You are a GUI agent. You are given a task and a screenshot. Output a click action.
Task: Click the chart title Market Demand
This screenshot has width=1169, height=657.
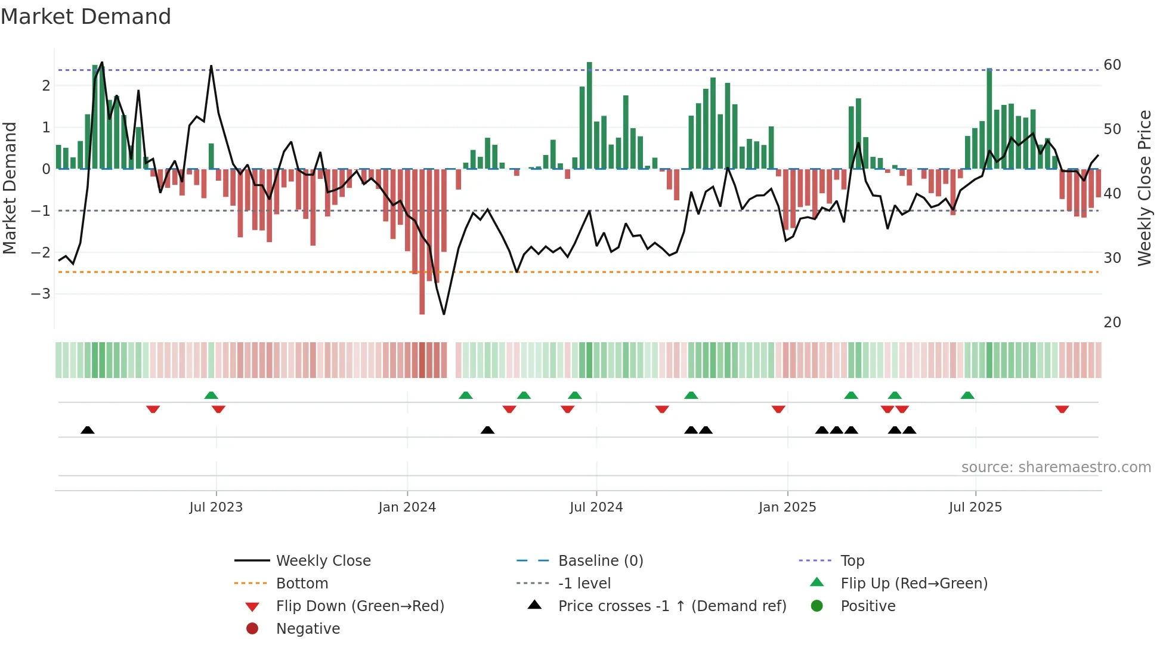click(x=86, y=16)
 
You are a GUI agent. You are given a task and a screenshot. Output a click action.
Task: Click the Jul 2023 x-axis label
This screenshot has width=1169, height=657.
click(x=216, y=507)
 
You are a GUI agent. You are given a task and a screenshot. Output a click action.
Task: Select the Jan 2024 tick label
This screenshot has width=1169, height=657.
click(x=407, y=507)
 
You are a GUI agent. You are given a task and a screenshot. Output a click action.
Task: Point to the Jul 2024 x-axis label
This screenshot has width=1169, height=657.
click(x=596, y=507)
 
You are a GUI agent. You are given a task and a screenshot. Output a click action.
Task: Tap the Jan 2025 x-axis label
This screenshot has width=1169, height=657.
click(x=787, y=507)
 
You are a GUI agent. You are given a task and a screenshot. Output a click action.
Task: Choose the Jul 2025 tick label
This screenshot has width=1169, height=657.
click(x=975, y=507)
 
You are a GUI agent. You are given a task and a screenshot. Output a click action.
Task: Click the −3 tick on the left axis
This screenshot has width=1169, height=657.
click(x=41, y=294)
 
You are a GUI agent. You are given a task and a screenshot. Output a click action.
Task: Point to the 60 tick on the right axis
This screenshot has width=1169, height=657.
click(x=1112, y=64)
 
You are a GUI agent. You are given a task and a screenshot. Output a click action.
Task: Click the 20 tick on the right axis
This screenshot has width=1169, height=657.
click(x=1112, y=323)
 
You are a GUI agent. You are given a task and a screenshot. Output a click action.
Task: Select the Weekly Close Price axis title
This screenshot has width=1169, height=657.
click(x=1144, y=188)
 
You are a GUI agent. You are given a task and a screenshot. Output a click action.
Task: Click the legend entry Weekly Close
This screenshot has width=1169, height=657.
click(x=323, y=561)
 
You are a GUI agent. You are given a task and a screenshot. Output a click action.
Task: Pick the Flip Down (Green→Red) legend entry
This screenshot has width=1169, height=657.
click(x=360, y=606)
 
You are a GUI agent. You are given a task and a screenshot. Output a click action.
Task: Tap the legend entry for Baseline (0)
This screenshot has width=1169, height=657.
click(x=600, y=561)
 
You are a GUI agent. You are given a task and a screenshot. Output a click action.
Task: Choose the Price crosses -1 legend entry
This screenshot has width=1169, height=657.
click(x=672, y=606)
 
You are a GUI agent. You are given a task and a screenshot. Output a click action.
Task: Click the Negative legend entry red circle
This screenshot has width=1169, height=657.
click(x=252, y=629)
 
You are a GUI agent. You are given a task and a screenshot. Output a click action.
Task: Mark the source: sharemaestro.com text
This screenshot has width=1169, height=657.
click(x=1056, y=467)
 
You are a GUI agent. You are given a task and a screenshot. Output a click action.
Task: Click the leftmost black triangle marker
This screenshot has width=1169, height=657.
click(x=88, y=430)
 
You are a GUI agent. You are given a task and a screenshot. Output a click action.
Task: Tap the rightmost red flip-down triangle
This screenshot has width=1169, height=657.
click(x=1062, y=409)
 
